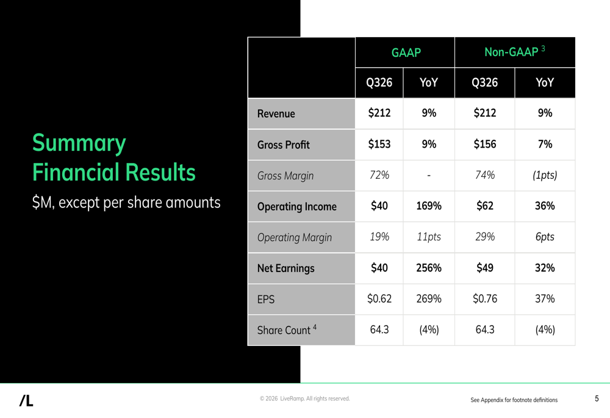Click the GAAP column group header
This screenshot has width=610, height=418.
pos(406,53)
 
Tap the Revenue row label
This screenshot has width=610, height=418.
pos(276,114)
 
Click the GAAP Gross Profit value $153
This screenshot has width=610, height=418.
pos(379,145)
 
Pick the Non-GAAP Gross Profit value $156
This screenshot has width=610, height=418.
pos(484,145)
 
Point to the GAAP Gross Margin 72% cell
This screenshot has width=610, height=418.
pos(379,176)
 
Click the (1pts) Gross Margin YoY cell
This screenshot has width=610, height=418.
pos(545,176)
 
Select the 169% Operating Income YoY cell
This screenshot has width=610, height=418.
pos(428,206)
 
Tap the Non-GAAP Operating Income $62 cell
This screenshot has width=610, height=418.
pos(484,206)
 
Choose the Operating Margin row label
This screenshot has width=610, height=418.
pos(294,237)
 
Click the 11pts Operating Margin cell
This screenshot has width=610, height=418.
pos(428,237)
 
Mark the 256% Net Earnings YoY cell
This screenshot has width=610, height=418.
pos(428,268)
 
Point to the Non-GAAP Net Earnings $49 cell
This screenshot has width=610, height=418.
pos(484,268)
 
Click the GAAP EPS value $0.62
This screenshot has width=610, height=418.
pos(379,299)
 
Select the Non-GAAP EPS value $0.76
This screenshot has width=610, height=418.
pos(484,299)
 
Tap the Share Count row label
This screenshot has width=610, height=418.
pos(286,330)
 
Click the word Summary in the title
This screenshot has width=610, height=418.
pos(79,143)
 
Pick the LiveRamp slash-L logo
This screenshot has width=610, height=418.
pos(26,400)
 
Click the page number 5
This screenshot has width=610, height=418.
pos(597,398)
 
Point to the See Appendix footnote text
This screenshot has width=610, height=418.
pos(514,400)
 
